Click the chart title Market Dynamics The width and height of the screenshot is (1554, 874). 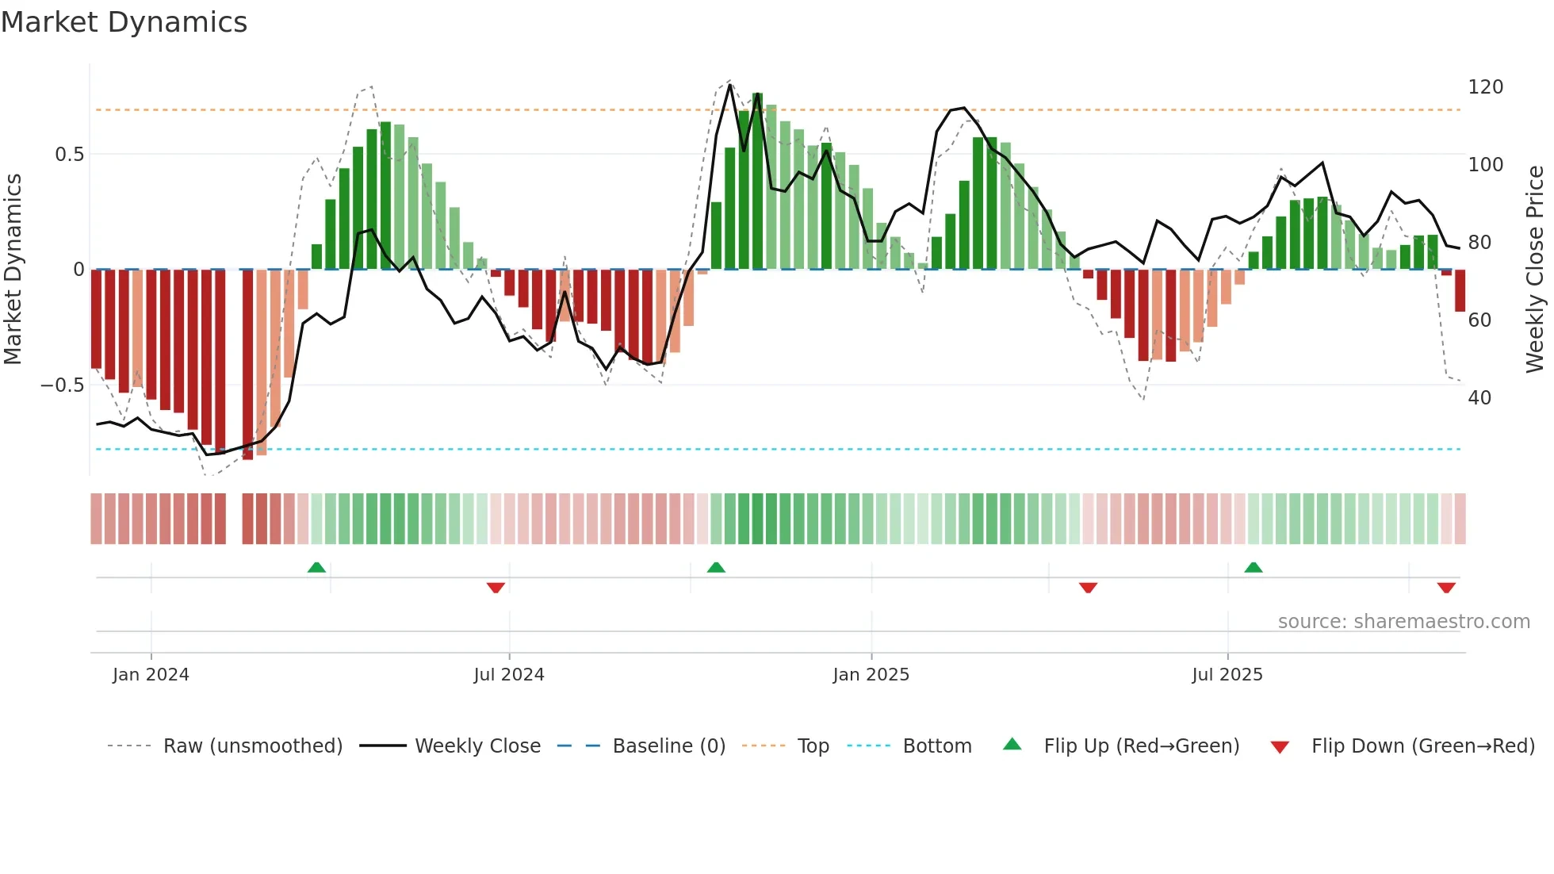124,22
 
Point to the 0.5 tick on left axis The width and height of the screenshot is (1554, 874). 69,155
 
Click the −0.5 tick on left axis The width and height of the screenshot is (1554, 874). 63,385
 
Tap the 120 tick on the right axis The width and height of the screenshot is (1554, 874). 1485,87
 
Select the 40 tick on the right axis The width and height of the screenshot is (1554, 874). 1479,397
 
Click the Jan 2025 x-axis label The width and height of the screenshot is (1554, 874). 871,675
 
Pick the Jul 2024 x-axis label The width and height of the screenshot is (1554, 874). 508,675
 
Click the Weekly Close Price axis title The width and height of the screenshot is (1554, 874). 1535,270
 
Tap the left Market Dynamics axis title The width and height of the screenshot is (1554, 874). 13,270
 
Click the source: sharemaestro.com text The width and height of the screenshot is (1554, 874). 1403,622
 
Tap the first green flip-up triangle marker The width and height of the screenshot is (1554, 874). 316,567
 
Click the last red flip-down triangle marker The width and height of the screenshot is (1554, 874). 1446,588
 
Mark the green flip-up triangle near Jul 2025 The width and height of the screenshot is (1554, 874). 1254,567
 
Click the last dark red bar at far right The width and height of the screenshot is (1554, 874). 1460,290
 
